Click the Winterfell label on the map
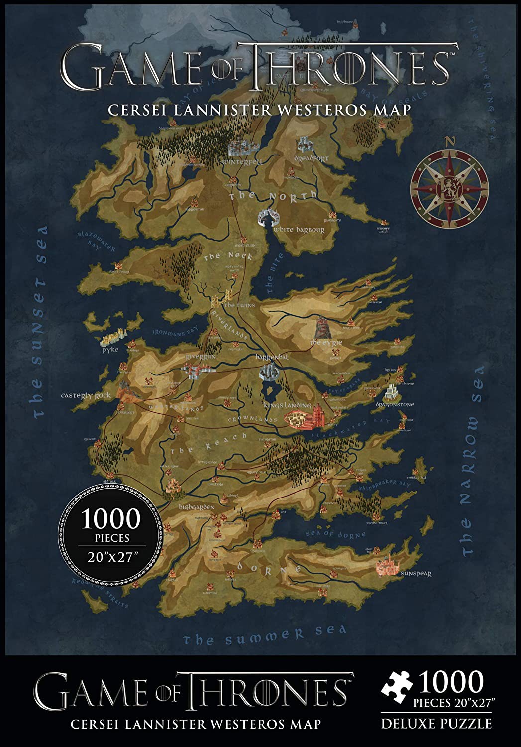(x=242, y=162)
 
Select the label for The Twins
(x=239, y=305)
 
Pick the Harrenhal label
(x=272, y=357)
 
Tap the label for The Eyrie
(x=326, y=343)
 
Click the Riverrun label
(x=201, y=357)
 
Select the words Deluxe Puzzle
(x=436, y=723)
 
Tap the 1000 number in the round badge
(x=111, y=519)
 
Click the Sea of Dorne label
(x=335, y=534)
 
